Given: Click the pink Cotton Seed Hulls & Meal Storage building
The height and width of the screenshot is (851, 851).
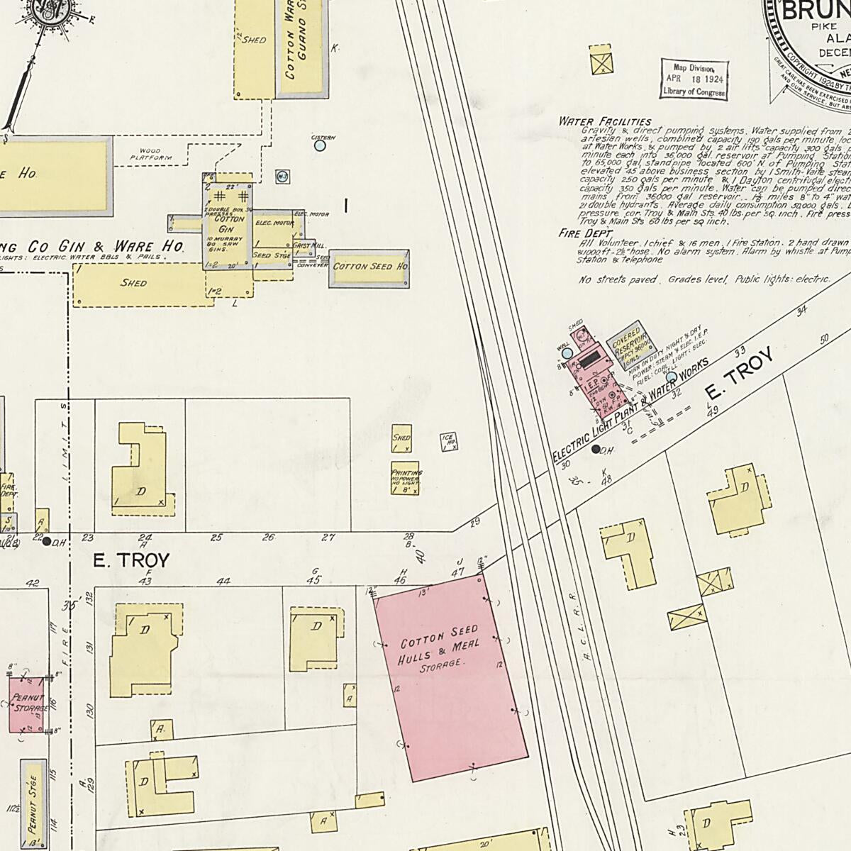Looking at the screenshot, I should coord(450,677).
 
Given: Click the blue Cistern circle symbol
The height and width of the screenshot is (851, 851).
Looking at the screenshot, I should coord(320,145).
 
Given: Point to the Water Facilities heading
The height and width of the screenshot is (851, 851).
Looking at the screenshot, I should coord(604,121).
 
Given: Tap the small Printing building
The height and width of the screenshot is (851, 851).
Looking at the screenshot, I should coord(406,479).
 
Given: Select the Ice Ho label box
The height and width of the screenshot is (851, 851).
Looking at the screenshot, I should coord(447,441).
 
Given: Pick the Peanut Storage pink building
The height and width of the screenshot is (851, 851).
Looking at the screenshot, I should coord(27,704).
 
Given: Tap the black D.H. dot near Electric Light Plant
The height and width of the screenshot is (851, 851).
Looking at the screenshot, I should coord(596,449).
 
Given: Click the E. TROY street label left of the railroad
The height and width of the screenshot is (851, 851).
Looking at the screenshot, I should coord(132,561).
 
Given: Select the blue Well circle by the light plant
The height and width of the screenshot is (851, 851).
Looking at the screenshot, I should coord(567,352).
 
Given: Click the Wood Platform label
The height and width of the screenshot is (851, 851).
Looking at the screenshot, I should coord(150,155).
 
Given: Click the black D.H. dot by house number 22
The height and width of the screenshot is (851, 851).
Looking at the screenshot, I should coord(47,541).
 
